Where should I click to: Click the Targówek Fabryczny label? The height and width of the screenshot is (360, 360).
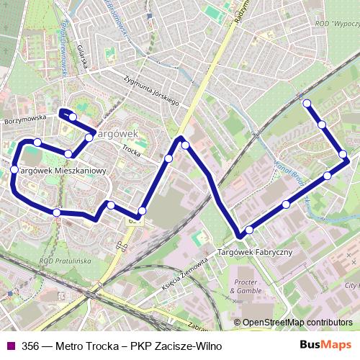[x=254, y=252]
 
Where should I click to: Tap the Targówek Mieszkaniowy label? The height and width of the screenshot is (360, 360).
[x=62, y=171]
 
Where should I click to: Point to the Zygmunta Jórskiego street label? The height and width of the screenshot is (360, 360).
[x=151, y=89]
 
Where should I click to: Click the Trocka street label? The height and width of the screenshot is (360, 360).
[x=131, y=150]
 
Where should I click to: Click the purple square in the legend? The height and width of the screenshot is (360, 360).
[x=9, y=346]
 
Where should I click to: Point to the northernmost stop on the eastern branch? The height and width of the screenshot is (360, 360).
[x=307, y=103]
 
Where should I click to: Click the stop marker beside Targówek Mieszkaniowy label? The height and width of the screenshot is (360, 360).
[x=14, y=169]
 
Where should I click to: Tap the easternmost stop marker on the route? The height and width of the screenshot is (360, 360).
[x=343, y=154]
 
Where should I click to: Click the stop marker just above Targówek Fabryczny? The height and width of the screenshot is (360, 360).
[x=249, y=230]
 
